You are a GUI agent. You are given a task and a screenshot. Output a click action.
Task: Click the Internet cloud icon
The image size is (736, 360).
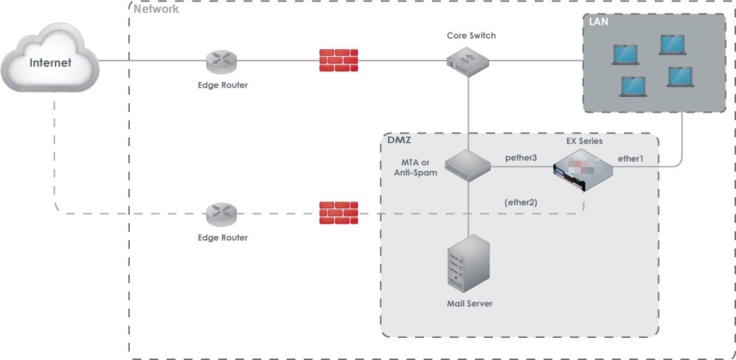click(x=50, y=58)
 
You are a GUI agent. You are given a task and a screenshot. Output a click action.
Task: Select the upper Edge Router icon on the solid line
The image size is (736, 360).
click(x=222, y=61)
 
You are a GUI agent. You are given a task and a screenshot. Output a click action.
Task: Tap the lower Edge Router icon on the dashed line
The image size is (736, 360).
click(x=222, y=214)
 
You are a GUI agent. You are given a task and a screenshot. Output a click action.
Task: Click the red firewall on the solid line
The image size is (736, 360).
click(x=339, y=60)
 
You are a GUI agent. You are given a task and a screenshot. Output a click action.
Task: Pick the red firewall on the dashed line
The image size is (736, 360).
click(x=339, y=213)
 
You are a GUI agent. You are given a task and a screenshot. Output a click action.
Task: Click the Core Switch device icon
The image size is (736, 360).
click(x=468, y=61)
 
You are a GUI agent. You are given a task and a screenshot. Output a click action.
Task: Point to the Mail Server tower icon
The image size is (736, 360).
click(x=468, y=264)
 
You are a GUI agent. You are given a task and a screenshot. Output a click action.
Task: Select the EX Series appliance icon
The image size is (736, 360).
click(x=583, y=170)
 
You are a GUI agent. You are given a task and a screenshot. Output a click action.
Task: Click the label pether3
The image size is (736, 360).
click(x=521, y=158)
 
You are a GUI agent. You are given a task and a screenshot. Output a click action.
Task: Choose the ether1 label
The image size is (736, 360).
click(x=630, y=159)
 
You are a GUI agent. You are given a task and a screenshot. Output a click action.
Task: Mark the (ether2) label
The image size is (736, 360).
click(x=521, y=202)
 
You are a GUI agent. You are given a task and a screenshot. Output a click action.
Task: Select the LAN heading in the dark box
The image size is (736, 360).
click(x=598, y=21)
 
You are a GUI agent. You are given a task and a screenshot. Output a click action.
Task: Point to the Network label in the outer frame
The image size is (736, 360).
click(x=156, y=9)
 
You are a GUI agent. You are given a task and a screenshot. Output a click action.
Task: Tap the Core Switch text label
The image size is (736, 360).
click(x=471, y=36)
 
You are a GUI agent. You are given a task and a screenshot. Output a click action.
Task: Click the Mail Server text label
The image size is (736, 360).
click(x=469, y=303)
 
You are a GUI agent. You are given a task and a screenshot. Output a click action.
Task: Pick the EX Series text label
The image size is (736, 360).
click(x=584, y=141)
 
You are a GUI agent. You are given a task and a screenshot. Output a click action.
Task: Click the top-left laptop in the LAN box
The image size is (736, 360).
click(x=625, y=54)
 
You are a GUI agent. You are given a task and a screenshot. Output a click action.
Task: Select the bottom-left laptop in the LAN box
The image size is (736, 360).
click(x=633, y=87)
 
